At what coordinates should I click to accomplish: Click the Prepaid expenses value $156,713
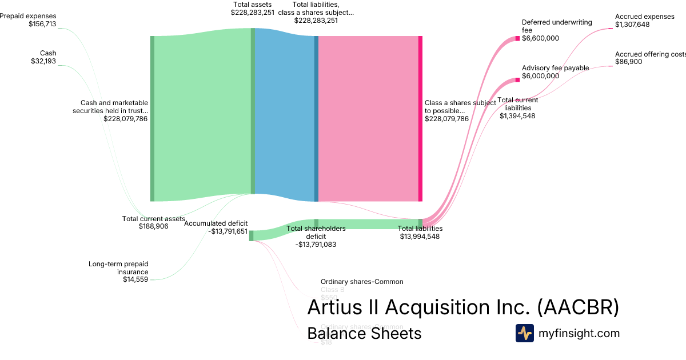point(42,25)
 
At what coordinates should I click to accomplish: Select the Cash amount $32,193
point(43,62)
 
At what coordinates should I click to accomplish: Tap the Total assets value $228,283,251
point(253,12)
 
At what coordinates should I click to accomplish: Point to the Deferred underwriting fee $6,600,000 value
point(540,38)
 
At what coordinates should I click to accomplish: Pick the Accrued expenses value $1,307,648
point(632,25)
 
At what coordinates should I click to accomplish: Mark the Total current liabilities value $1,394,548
point(517,116)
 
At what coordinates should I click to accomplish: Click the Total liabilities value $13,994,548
point(420,237)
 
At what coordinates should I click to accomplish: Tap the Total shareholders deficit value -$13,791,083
point(316,245)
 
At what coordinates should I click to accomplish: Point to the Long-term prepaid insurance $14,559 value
point(135,279)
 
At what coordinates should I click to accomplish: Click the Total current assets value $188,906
point(154,226)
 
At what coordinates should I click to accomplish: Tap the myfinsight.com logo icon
point(524,333)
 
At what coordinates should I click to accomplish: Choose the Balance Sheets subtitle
point(364,333)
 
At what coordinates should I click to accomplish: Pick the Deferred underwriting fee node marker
point(517,38)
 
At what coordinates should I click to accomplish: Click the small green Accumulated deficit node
point(251,235)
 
